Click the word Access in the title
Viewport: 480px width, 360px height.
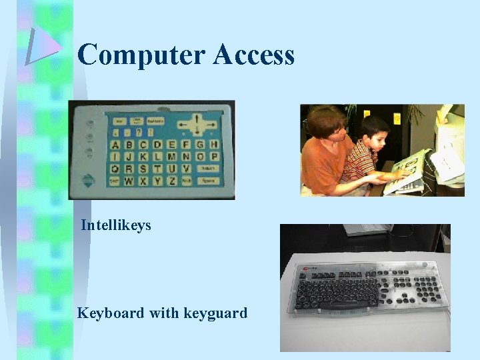(254, 55)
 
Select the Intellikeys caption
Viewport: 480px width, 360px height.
(116, 226)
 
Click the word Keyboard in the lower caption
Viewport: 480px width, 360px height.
(110, 312)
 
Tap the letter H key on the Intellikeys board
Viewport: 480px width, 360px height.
(214, 145)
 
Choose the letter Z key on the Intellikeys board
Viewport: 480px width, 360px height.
(171, 181)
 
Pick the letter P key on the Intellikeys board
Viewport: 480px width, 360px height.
(214, 157)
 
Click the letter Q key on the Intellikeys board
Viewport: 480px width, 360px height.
(115, 169)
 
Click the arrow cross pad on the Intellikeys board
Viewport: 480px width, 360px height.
(197, 124)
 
